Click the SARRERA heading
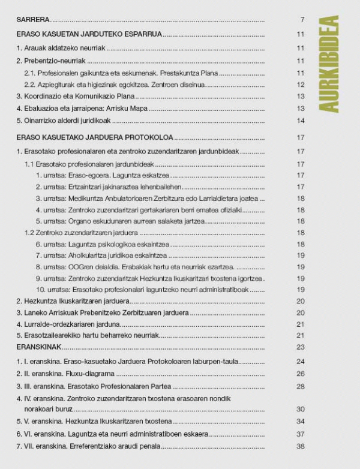[x=33, y=20]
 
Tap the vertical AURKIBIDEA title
[x=330, y=63]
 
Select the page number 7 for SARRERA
[x=303, y=20]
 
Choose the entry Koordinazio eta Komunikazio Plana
[x=75, y=96]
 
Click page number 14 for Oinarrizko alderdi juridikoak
[x=301, y=121]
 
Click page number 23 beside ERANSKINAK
[x=301, y=347]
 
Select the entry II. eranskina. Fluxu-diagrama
[x=65, y=374]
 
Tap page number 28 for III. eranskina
[x=301, y=386]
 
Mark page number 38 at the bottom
[x=301, y=446]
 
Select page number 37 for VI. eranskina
[x=301, y=434]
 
